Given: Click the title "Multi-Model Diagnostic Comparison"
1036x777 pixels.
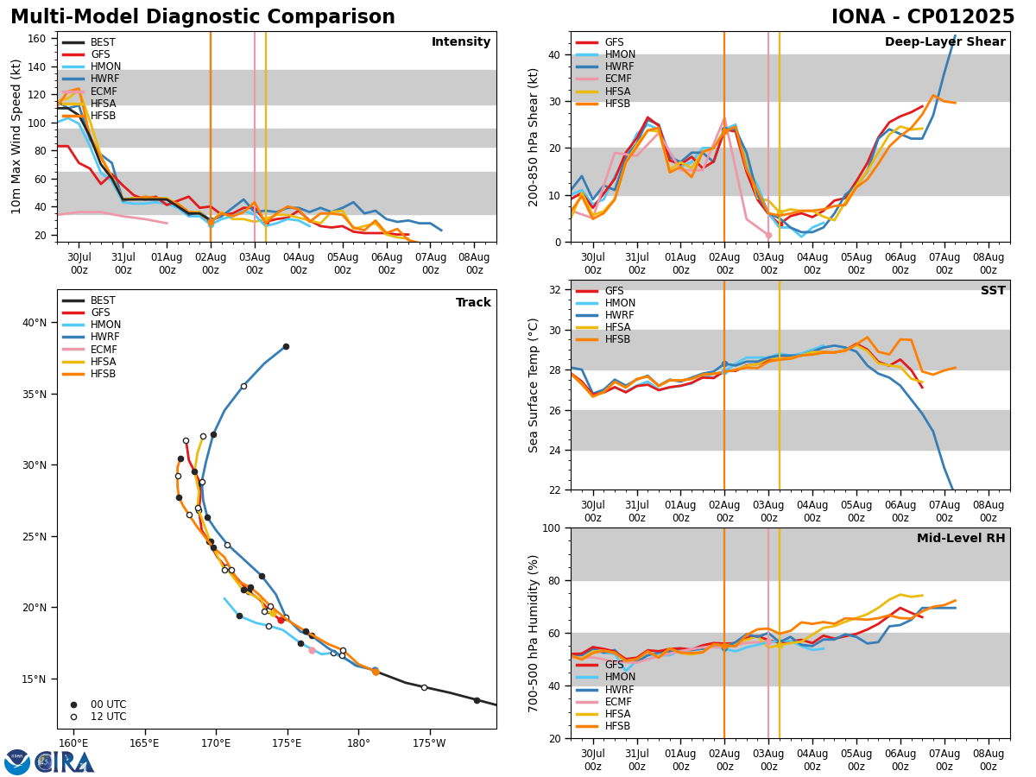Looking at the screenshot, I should tap(203, 17).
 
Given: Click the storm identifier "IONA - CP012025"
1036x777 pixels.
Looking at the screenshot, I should tap(922, 17).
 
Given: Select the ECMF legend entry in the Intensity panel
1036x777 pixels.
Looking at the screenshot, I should tap(103, 92).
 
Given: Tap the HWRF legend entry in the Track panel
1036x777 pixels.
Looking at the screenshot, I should tap(103, 338).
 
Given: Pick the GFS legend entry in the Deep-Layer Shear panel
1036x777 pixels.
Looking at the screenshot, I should tap(614, 42).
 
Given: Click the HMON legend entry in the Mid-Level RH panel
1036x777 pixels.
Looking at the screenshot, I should tap(620, 678).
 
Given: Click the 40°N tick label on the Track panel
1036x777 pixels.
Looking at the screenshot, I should tap(35, 323).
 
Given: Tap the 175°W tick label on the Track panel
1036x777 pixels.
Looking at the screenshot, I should tap(429, 743).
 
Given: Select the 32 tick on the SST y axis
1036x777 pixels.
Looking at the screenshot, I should tap(556, 290).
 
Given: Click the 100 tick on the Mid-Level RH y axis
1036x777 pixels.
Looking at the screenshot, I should tap(553, 528).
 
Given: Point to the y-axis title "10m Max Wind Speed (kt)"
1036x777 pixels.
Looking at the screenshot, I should tap(17, 137).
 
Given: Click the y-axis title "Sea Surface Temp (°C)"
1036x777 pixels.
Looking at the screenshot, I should tap(534, 385).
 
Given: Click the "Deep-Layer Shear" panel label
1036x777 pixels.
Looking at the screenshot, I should tap(944, 42).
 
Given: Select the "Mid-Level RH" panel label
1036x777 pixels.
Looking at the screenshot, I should tap(960, 539).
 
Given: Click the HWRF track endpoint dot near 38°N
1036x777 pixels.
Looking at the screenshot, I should tap(286, 347).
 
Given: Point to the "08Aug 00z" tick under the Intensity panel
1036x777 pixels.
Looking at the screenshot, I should tap(474, 263).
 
